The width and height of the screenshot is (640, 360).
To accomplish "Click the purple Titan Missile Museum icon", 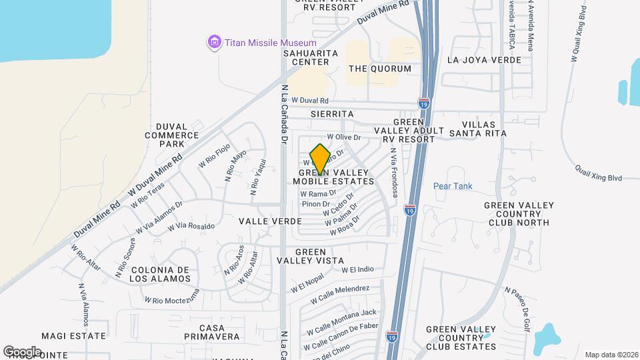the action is [214, 43].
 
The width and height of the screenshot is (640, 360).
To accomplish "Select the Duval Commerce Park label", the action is [172, 135].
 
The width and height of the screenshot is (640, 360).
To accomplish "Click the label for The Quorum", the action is [376, 69].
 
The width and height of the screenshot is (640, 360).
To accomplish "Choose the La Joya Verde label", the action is [484, 60].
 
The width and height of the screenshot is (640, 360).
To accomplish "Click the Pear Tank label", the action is [453, 186].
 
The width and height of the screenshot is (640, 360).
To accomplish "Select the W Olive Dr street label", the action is [343, 137].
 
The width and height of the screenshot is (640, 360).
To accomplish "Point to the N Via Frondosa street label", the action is [394, 173].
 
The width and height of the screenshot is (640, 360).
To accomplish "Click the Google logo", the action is [22, 351].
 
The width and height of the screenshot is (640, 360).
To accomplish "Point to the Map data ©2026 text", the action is [611, 355].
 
